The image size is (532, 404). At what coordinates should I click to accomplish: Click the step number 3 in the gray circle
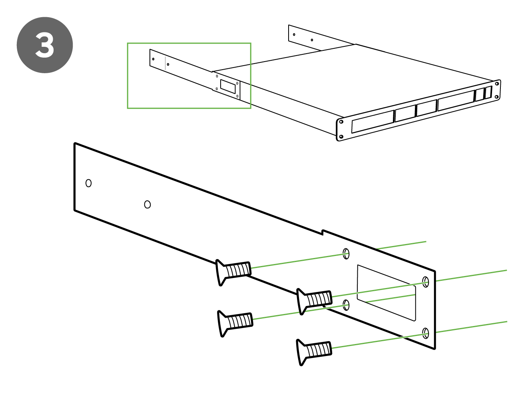(45, 45)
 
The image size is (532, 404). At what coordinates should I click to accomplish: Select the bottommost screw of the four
(314, 351)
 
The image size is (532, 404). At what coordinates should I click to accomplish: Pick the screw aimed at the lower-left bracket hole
(235, 322)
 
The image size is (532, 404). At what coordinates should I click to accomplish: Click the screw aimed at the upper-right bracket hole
(315, 300)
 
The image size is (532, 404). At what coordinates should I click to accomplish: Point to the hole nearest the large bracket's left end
(89, 183)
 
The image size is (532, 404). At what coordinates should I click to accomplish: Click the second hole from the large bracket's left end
(147, 205)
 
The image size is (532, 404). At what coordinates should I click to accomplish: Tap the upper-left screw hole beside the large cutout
(346, 254)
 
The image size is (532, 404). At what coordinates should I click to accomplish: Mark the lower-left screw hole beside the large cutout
(346, 306)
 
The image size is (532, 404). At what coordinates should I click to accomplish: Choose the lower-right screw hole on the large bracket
(426, 333)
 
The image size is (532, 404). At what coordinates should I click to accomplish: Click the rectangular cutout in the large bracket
(386, 292)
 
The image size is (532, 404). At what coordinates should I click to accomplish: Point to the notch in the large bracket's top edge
(322, 232)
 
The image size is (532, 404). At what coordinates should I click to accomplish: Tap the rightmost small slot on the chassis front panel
(488, 93)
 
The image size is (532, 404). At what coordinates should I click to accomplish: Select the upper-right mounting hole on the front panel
(497, 84)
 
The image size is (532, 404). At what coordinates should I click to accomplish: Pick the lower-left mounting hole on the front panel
(341, 137)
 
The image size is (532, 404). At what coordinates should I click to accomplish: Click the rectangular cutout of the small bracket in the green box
(228, 86)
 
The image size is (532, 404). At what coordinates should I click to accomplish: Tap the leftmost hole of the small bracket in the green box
(153, 59)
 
